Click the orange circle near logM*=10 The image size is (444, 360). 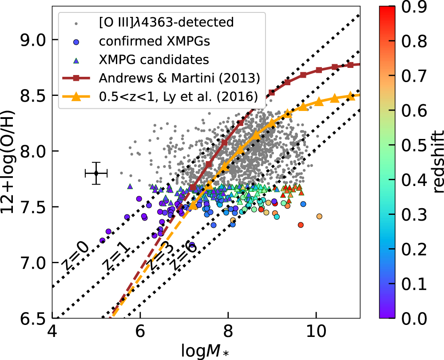(x=319, y=216)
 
